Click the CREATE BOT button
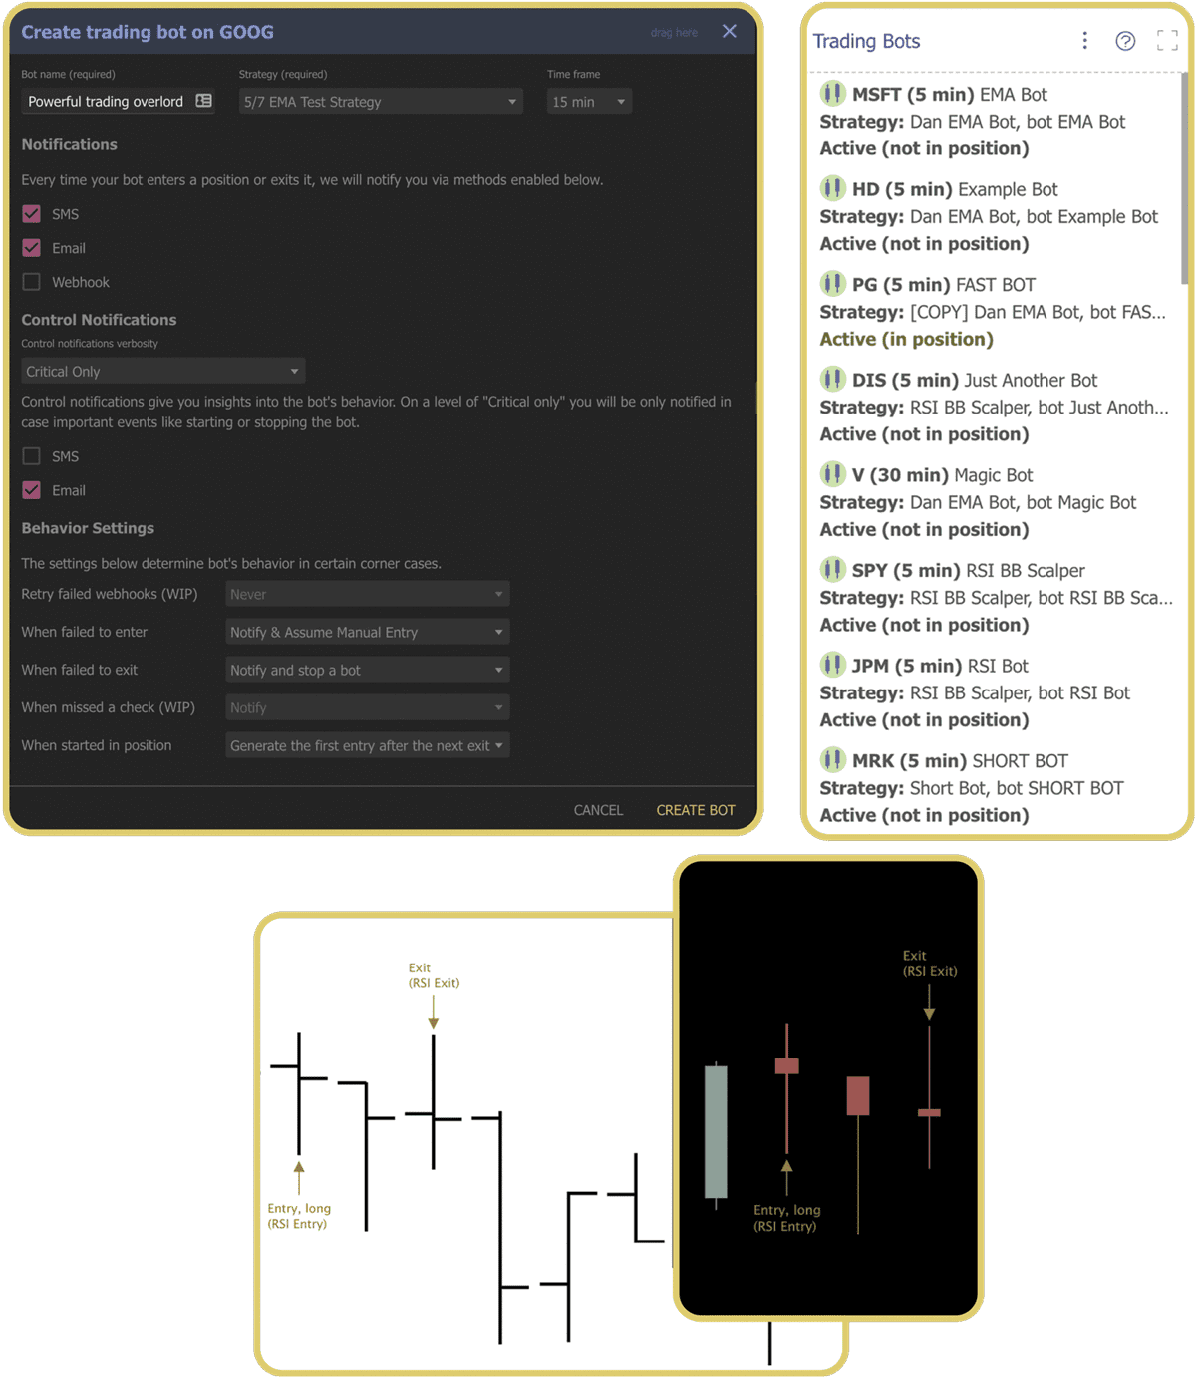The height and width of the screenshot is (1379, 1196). [x=695, y=810]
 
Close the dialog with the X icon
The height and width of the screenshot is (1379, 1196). [x=730, y=31]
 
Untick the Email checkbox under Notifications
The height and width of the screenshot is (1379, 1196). [x=32, y=248]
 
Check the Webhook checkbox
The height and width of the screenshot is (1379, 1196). [x=32, y=282]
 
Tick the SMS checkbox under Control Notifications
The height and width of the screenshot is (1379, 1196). [x=32, y=456]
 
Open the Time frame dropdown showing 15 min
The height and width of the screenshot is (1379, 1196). [x=589, y=102]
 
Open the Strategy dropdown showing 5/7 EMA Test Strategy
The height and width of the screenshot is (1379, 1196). [x=381, y=102]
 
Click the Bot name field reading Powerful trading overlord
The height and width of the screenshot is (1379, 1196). [x=107, y=102]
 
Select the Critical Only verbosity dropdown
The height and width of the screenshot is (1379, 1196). [x=162, y=372]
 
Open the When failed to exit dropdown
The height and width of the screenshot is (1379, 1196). [x=367, y=670]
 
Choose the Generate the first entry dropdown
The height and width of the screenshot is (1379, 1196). [x=367, y=745]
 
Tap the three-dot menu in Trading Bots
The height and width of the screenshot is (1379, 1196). [x=1084, y=40]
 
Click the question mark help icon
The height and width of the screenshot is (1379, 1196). [x=1125, y=41]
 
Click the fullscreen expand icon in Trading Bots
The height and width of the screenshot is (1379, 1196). [x=1167, y=41]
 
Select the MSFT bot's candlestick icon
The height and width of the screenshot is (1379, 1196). [x=832, y=94]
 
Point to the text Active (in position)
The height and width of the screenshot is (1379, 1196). [x=906, y=339]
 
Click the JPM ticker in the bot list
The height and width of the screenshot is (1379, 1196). [x=870, y=666]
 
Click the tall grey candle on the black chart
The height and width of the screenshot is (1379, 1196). [x=716, y=1131]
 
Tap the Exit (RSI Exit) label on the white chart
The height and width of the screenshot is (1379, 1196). [x=434, y=975]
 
